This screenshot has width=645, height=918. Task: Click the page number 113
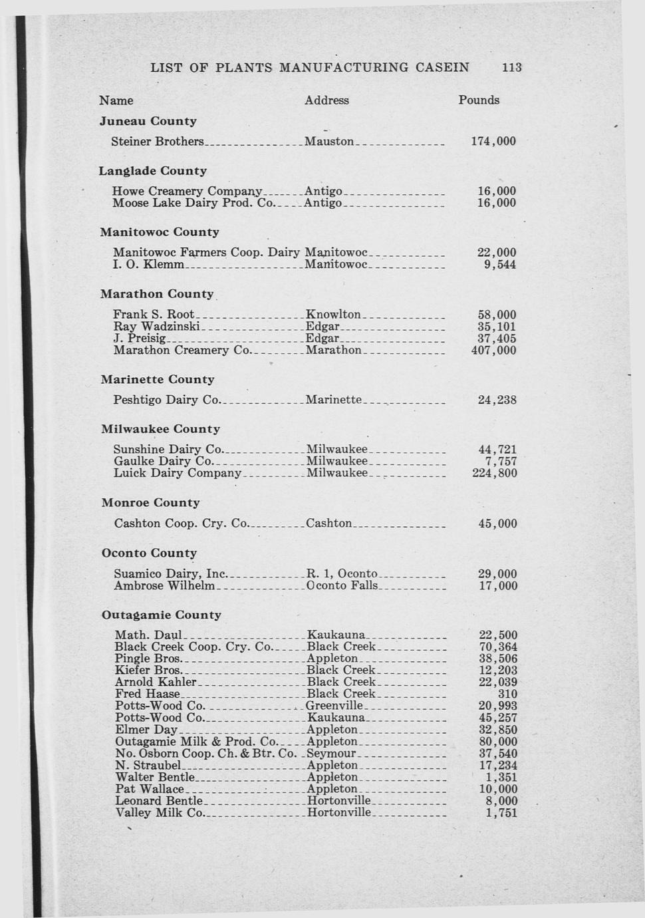(x=512, y=67)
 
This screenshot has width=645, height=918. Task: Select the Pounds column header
(x=478, y=100)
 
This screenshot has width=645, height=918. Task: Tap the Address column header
(x=326, y=100)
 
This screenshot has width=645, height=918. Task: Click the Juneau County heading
(x=148, y=121)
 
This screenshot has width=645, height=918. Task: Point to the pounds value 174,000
(x=493, y=142)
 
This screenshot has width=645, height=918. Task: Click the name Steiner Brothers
(x=158, y=142)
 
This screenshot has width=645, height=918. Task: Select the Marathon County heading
(x=157, y=294)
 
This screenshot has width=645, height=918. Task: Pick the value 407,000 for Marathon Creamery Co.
(x=493, y=351)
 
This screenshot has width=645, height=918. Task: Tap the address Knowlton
(x=333, y=315)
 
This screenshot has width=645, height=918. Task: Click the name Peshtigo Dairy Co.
(x=166, y=400)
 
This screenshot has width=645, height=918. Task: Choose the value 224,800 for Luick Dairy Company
(x=494, y=474)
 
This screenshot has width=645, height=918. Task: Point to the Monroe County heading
(x=150, y=503)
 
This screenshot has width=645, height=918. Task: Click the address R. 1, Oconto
(x=342, y=574)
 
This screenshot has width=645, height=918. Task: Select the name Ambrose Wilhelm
(x=164, y=586)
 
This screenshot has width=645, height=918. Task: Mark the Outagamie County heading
(x=161, y=615)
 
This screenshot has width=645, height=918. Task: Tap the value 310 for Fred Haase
(x=507, y=694)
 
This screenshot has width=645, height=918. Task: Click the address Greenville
(x=334, y=706)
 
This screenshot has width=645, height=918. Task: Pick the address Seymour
(x=332, y=754)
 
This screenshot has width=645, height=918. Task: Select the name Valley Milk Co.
(x=159, y=813)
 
